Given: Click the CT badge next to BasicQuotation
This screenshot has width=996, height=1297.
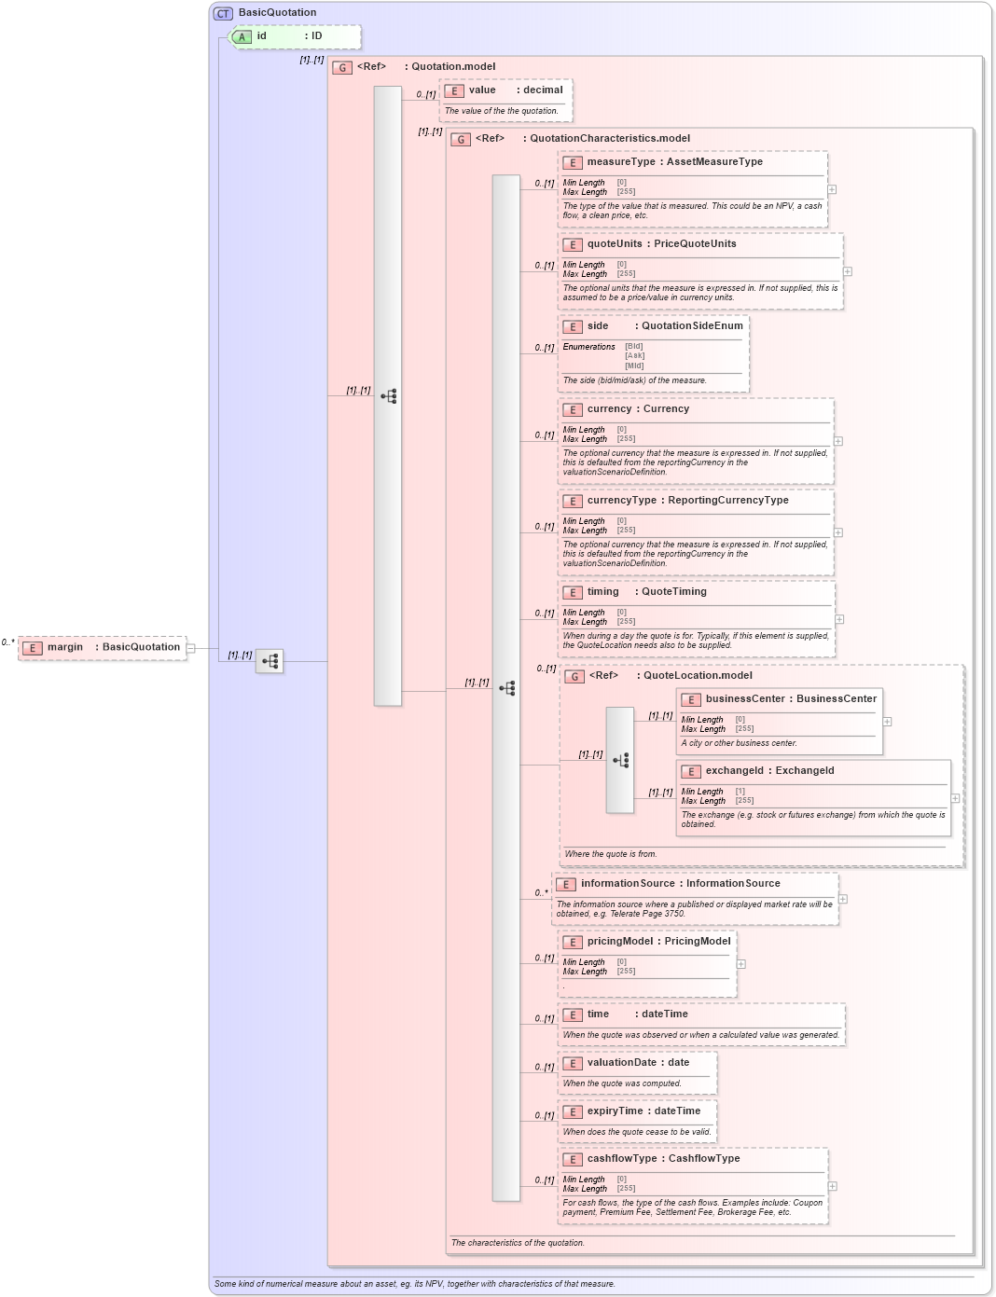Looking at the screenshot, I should [223, 13].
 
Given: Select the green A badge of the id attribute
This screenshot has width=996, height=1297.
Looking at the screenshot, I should [242, 36].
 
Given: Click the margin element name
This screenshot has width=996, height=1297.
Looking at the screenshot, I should [65, 647].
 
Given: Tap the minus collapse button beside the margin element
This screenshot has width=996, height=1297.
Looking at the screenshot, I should [190, 648].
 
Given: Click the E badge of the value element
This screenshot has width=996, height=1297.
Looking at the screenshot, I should [454, 90].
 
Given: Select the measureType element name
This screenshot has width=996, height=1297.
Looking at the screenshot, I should [621, 162].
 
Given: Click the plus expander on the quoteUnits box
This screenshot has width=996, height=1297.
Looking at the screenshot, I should [848, 271].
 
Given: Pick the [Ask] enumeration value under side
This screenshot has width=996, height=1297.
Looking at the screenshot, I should [634, 355].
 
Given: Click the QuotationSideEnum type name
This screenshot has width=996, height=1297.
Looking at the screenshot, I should [692, 326].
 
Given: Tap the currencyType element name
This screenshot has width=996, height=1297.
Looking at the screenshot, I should [622, 501].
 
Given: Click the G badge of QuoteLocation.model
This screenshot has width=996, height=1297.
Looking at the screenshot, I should [575, 676].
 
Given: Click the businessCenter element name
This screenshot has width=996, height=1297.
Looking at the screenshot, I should [745, 699].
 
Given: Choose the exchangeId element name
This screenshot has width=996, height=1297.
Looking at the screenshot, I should [734, 771].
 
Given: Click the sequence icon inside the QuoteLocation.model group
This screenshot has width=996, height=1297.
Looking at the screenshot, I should [621, 760].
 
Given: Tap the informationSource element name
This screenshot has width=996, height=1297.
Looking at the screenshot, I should [628, 884].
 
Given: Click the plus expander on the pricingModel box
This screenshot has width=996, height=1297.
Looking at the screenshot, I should [741, 964].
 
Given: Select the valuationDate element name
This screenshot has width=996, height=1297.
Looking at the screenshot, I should [622, 1063].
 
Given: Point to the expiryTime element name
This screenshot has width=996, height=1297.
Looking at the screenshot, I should [615, 1111].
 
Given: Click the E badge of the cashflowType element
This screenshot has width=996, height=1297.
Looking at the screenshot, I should [573, 1159].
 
